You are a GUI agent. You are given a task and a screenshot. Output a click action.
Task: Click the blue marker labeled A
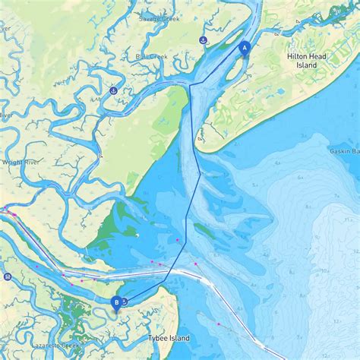245,47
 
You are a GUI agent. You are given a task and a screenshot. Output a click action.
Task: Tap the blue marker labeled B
116,302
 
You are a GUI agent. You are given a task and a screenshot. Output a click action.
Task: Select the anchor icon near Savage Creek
203,39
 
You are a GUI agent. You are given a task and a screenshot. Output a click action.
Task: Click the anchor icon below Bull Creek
113,91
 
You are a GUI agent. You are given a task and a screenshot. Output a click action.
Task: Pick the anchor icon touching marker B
123,301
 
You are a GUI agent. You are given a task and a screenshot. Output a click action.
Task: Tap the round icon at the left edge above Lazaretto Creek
7,276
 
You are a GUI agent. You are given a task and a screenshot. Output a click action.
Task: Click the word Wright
13,162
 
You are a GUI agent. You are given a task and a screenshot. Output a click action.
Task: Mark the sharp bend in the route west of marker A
190,83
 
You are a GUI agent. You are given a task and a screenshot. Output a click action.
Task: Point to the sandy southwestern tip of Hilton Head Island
201,140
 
